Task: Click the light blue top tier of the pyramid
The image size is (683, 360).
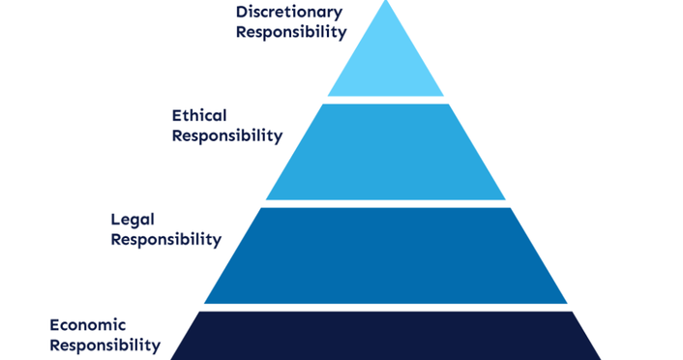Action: (x=386, y=63)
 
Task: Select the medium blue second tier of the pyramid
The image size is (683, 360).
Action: (x=386, y=152)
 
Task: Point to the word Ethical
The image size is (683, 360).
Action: (x=199, y=116)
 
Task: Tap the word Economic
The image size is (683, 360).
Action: (x=88, y=324)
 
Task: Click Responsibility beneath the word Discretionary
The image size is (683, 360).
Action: (x=290, y=32)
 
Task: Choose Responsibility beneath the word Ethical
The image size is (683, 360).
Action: (x=227, y=135)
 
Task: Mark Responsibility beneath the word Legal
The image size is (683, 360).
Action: (x=166, y=239)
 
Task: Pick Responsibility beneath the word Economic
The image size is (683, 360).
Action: (x=104, y=344)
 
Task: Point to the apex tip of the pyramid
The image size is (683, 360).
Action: (x=386, y=3)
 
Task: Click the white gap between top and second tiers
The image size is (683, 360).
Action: (x=386, y=100)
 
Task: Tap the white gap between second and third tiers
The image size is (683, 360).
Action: (x=386, y=203)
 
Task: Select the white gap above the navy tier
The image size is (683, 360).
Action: (x=386, y=307)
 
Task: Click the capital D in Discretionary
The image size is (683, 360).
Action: (x=242, y=12)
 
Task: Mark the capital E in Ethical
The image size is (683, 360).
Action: (x=177, y=116)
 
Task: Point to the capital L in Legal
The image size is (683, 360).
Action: (x=116, y=220)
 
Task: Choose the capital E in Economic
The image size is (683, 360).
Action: (x=54, y=324)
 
